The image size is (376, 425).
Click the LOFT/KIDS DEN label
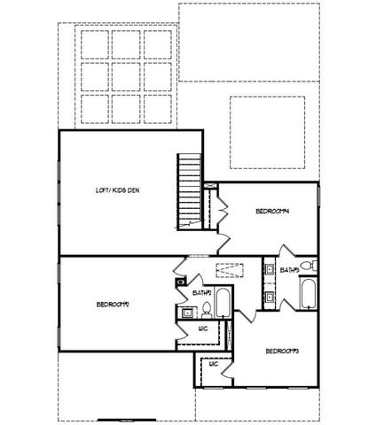click(x=117, y=190)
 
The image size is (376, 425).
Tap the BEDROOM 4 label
click(x=273, y=211)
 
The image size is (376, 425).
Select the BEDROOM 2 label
click(x=114, y=305)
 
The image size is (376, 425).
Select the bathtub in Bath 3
click(x=308, y=294)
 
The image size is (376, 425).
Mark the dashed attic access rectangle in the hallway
click(x=229, y=272)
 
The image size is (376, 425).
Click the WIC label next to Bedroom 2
click(x=202, y=329)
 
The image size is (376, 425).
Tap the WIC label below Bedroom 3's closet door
click(x=213, y=364)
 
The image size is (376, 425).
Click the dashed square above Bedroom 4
click(x=268, y=133)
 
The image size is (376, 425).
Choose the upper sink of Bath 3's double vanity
click(x=268, y=268)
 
